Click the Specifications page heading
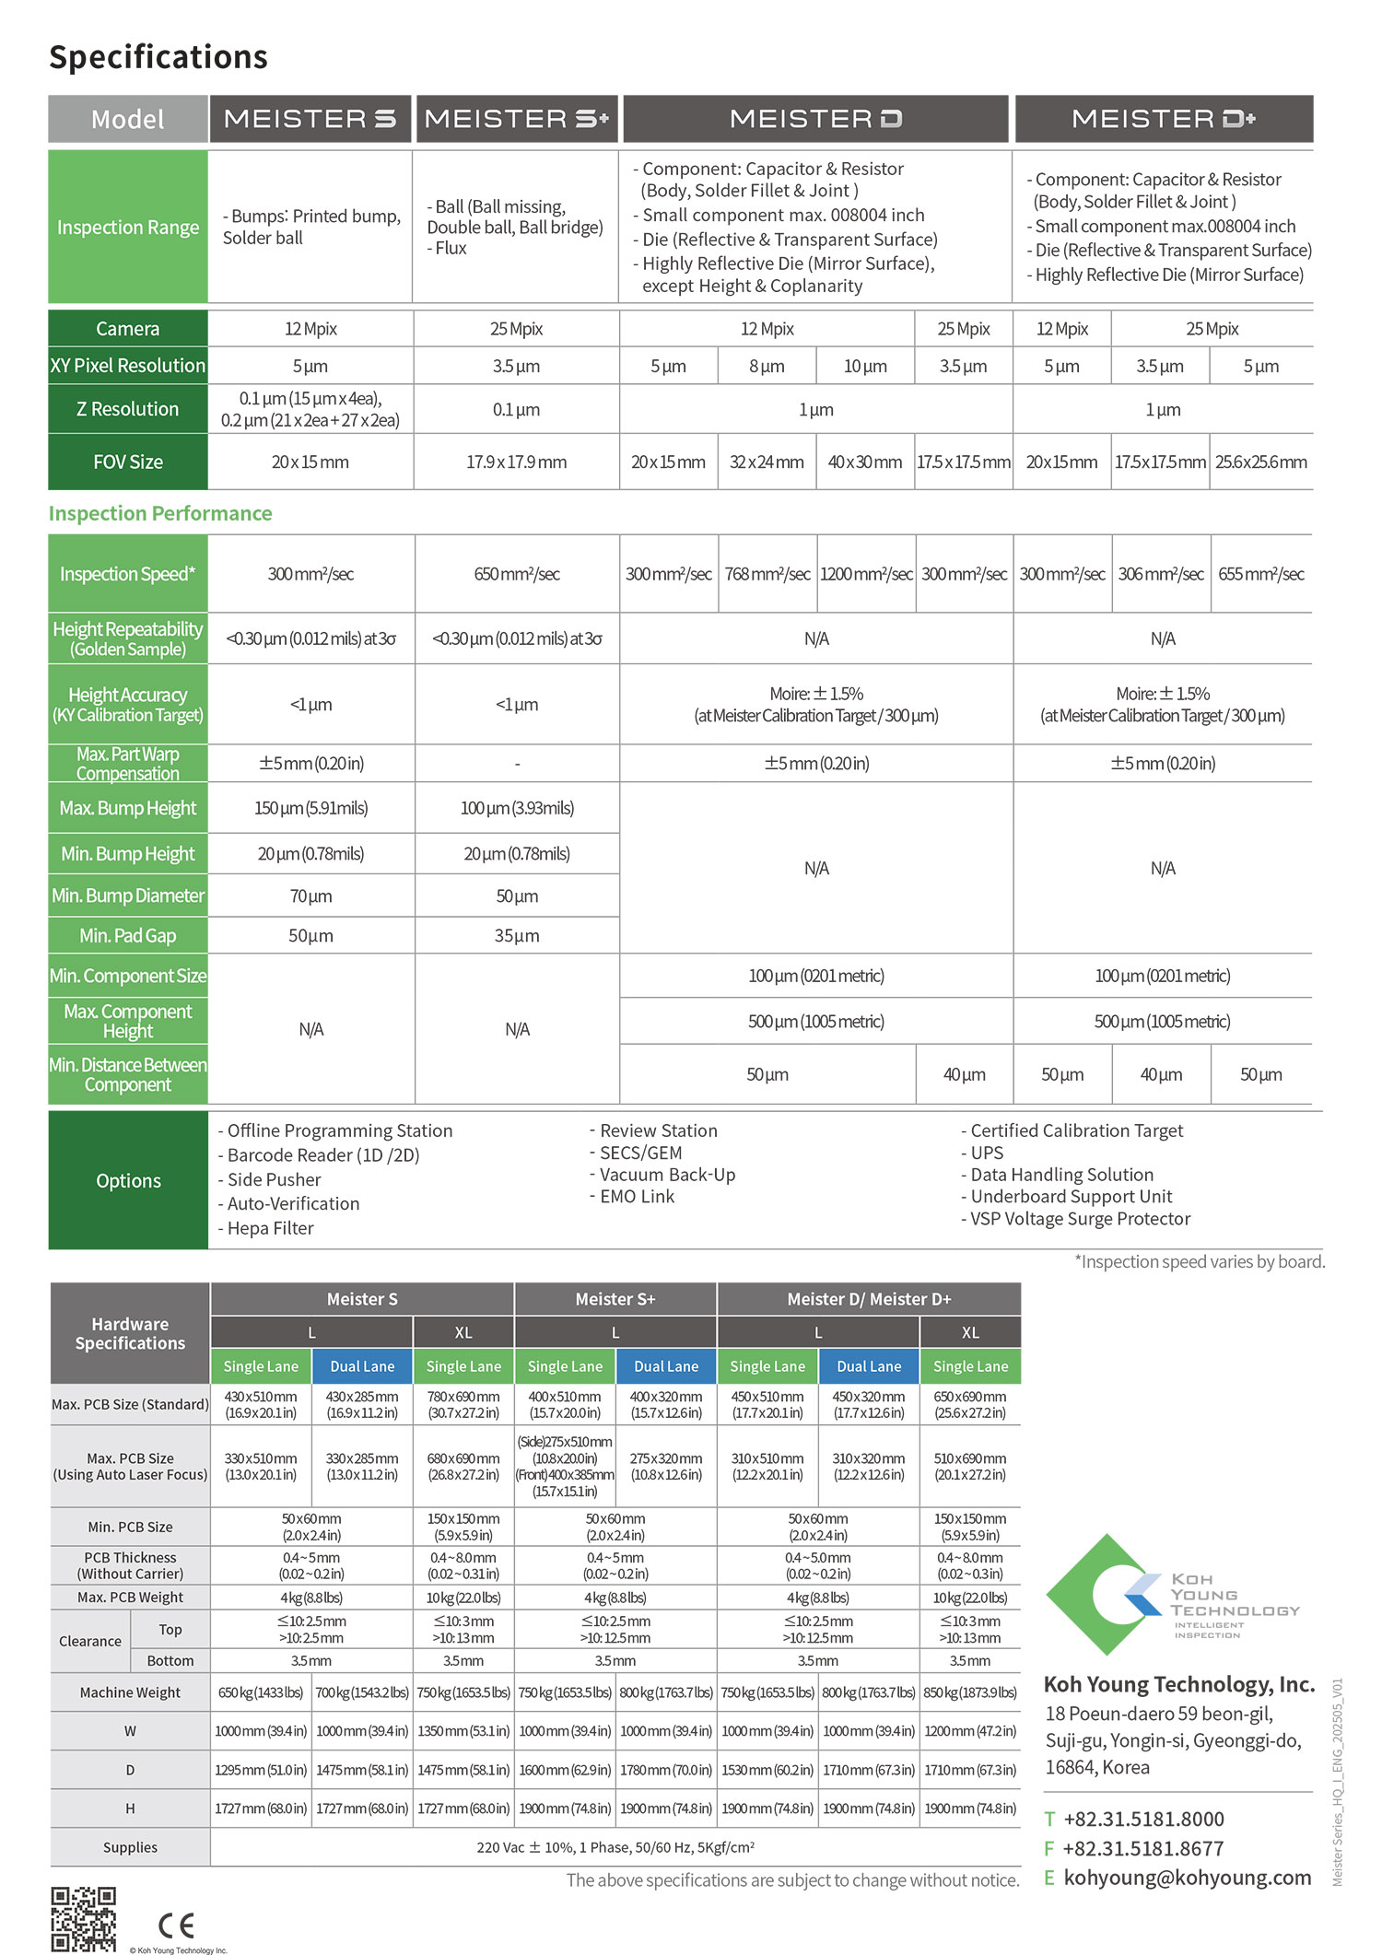coord(158,57)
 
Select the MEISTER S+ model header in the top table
coord(516,119)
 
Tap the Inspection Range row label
coord(128,228)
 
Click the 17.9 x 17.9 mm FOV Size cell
coord(516,462)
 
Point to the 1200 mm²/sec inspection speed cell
coord(866,574)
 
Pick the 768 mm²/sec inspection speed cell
coord(767,574)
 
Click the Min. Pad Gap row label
coord(128,936)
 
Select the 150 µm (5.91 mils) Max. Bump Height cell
coord(311,808)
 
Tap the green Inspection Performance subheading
coord(160,513)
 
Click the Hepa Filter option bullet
coord(270,1228)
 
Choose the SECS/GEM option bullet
coord(640,1153)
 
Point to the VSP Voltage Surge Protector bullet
coord(1080,1219)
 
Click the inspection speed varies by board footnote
coord(1200,1261)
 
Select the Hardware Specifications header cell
coord(130,1333)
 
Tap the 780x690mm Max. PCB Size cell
coord(463,1404)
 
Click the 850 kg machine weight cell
coord(970,1692)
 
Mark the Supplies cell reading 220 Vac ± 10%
coord(615,1847)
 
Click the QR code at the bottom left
coord(83,1919)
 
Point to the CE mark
coord(176,1926)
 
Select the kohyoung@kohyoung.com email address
coord(1187,1878)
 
